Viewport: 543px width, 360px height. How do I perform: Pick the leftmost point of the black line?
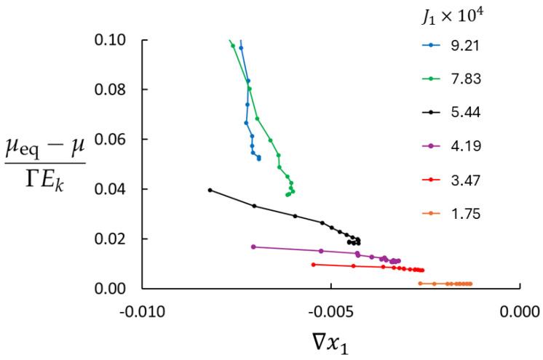pos(210,191)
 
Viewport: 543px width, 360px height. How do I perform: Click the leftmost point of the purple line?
pos(253,247)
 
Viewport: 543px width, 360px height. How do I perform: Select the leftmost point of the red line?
pos(313,265)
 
